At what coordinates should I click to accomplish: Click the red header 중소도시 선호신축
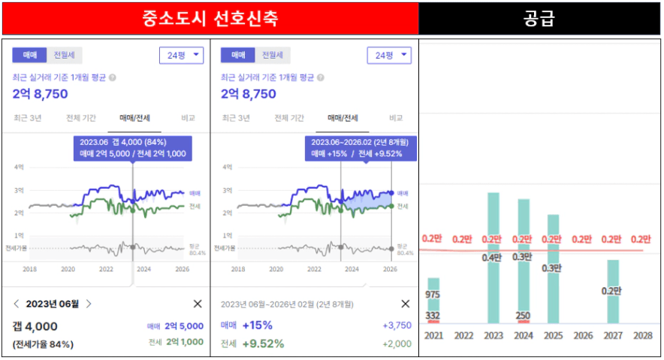coord(210,18)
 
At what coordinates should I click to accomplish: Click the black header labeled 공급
coord(539,18)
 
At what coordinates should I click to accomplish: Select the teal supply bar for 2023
coord(493,259)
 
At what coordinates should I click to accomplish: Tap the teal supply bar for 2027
coord(613,301)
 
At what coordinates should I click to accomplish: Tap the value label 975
coord(433,294)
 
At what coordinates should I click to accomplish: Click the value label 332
coord(433,315)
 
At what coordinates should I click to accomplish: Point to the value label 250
coord(523,316)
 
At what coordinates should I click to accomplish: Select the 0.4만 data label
coord(493,257)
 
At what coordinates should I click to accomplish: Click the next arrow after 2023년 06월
coord(89,304)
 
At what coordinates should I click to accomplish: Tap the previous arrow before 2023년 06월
coord(17,304)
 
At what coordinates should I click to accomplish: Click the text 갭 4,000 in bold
coord(35,326)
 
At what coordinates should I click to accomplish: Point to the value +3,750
coord(397,325)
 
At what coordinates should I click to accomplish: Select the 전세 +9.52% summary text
coord(252,343)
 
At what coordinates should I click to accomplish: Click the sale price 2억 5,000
coord(184,326)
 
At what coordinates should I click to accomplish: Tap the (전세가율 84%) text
coord(42,344)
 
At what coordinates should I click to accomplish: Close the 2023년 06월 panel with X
coord(198,304)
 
